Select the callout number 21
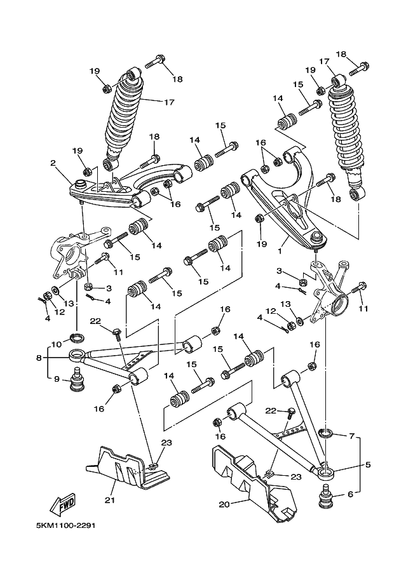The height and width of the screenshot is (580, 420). [110, 500]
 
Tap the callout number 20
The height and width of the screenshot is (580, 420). [224, 504]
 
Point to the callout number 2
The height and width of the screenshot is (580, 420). [53, 163]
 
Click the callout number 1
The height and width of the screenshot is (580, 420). [280, 251]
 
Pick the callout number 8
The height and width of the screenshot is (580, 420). [39, 358]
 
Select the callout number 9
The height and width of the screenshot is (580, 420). [57, 379]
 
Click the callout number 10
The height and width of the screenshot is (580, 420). [56, 344]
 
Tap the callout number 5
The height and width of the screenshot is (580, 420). [368, 465]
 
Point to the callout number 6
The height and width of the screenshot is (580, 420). [351, 494]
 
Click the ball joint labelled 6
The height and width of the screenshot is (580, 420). [326, 495]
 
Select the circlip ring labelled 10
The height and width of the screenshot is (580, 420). [77, 337]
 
